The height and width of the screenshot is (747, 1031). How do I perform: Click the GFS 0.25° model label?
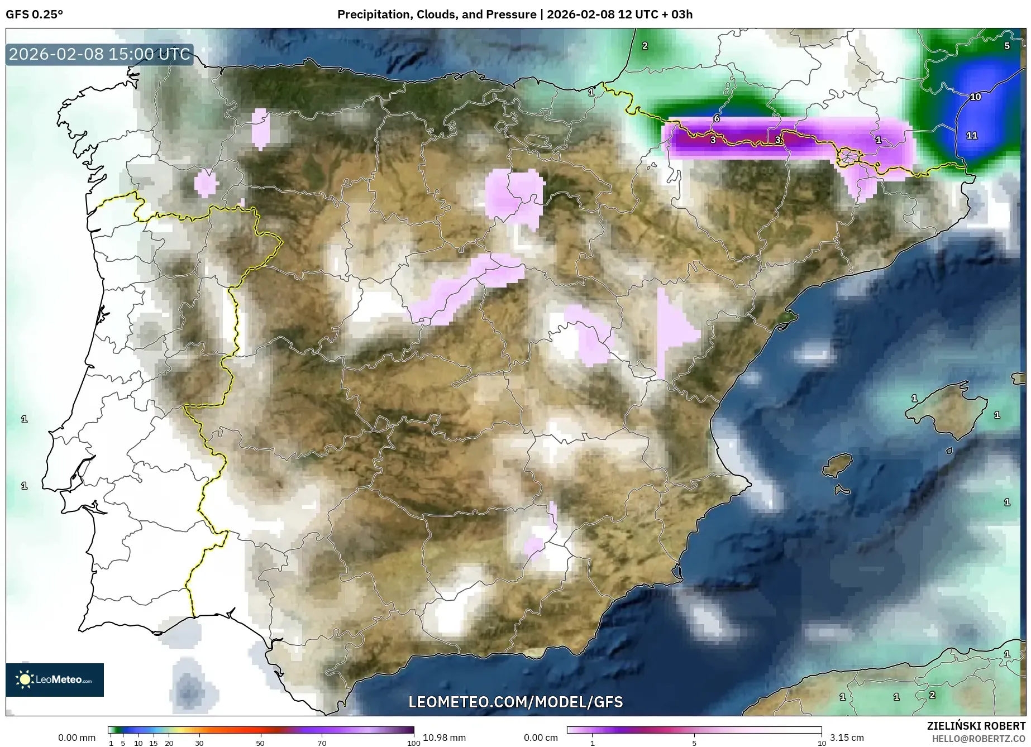click(34, 15)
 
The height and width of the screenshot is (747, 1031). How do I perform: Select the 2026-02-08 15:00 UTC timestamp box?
click(99, 55)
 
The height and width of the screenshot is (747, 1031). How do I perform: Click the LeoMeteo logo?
click(55, 679)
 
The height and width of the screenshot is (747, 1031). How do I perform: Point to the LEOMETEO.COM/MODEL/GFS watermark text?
click(515, 702)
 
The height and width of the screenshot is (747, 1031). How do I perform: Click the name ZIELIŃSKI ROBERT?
click(976, 726)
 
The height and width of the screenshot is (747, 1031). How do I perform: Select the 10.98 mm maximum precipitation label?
click(444, 738)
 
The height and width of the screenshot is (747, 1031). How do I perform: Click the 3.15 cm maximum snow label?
click(847, 738)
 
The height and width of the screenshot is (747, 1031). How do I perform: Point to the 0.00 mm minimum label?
click(77, 738)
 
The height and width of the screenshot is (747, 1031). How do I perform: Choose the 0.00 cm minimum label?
click(541, 738)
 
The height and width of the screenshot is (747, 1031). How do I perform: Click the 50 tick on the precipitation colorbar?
click(260, 743)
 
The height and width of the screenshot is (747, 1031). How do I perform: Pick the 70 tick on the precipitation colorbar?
click(322, 743)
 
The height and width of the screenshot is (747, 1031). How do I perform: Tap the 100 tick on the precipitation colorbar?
click(413, 743)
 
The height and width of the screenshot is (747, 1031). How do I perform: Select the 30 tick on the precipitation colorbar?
click(199, 743)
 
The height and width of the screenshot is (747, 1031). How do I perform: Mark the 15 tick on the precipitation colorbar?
click(153, 743)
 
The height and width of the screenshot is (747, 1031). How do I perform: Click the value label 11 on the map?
click(972, 136)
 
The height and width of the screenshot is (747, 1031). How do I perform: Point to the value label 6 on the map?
click(717, 118)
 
